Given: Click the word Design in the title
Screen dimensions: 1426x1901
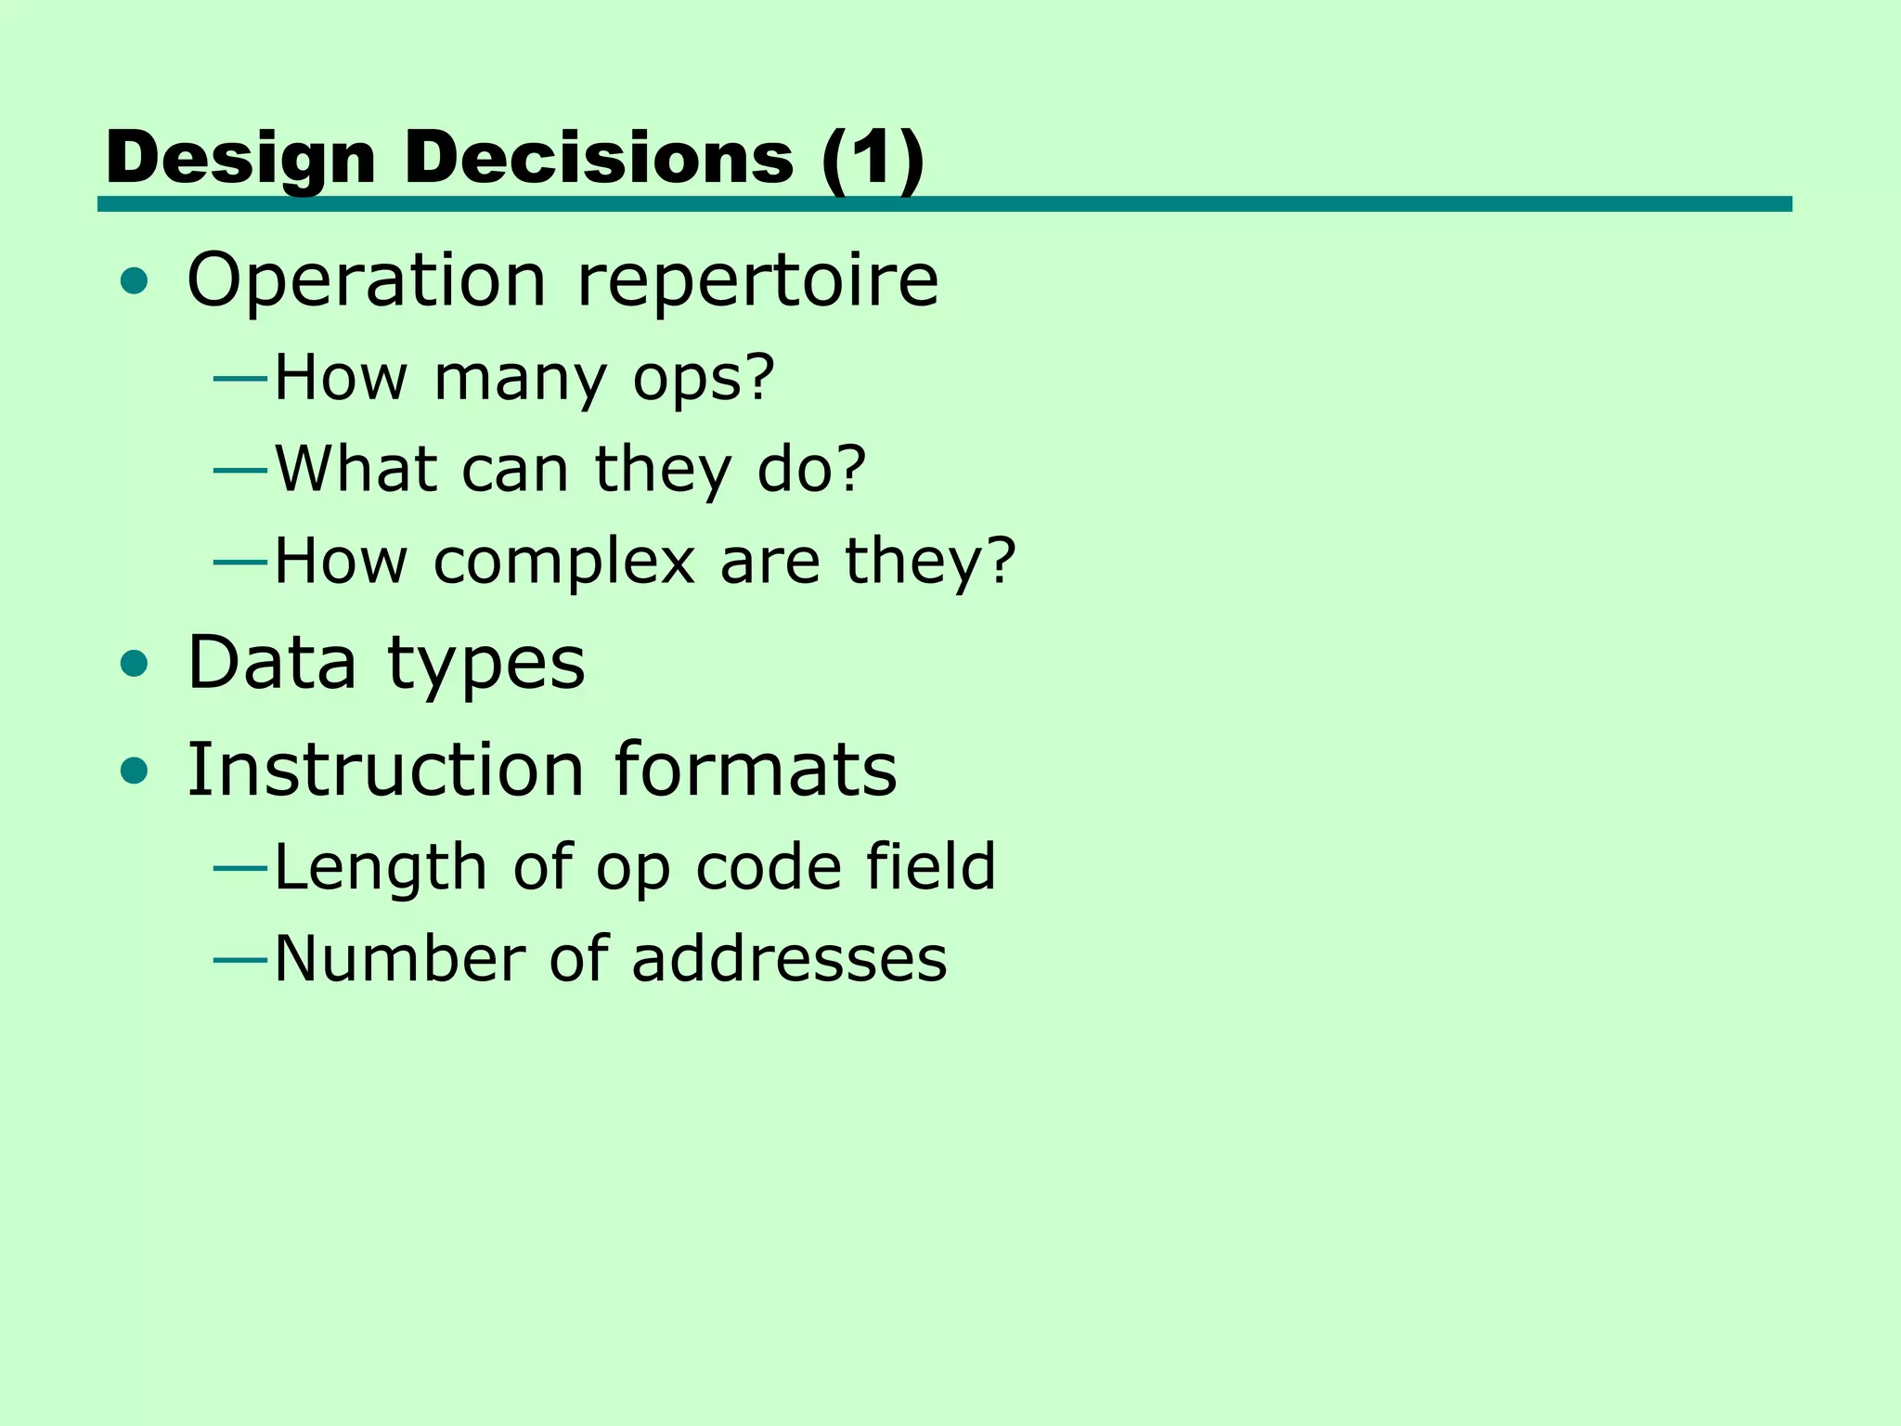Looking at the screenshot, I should pyautogui.click(x=240, y=158).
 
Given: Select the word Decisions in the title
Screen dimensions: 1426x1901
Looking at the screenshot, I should pyautogui.click(x=599, y=158).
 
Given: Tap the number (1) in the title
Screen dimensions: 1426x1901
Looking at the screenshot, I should pyautogui.click(x=873, y=158).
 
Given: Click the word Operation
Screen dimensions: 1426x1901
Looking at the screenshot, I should pyautogui.click(x=367, y=280).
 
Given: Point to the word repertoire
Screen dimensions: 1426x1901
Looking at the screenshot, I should pyautogui.click(x=757, y=280).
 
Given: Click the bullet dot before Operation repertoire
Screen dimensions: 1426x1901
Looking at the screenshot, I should pyautogui.click(x=135, y=280).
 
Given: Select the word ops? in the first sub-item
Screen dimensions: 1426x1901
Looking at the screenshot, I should pyautogui.click(x=704, y=379).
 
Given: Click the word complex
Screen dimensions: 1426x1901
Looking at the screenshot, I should pyautogui.click(x=564, y=561).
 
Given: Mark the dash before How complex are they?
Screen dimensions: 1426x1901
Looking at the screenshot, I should pyautogui.click(x=240, y=562).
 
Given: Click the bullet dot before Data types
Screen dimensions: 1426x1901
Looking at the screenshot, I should pyautogui.click(x=135, y=663).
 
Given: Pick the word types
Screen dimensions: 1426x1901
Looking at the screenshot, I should pyautogui.click(x=486, y=665).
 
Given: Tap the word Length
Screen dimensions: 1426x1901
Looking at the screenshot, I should pyautogui.click(x=381, y=867).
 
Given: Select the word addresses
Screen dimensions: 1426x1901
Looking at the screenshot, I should pyautogui.click(x=789, y=958).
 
